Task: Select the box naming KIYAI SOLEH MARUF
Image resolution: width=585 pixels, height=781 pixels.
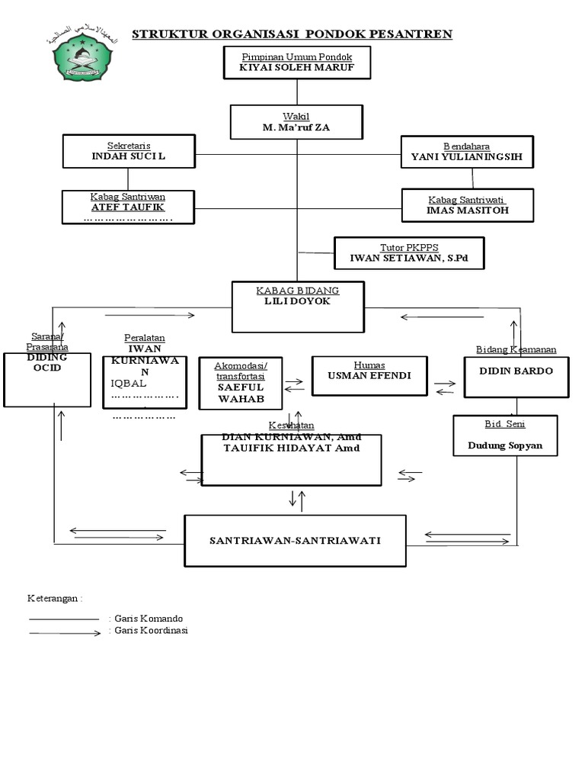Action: [x=296, y=63]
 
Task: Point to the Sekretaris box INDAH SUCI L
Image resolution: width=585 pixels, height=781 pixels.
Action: [x=129, y=151]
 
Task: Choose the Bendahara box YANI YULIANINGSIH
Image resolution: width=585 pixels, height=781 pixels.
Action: [x=467, y=152]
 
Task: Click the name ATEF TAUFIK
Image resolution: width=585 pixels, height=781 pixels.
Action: [x=128, y=207]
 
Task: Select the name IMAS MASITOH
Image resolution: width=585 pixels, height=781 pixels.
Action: [x=468, y=210]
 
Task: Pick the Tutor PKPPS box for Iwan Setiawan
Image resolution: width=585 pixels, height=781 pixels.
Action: [x=409, y=253]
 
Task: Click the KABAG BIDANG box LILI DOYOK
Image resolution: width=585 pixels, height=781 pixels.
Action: [x=298, y=307]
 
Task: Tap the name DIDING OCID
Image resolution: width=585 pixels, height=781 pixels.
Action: [x=47, y=362]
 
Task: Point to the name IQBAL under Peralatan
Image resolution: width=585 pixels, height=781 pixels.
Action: [x=127, y=383]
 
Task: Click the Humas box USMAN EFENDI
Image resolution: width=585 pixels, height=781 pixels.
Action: [x=369, y=375]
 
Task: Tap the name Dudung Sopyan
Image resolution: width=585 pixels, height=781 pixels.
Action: [x=505, y=445]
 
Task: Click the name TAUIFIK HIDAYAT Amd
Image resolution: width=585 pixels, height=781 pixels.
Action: [x=291, y=448]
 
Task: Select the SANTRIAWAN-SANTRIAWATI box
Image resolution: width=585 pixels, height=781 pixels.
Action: [x=296, y=541]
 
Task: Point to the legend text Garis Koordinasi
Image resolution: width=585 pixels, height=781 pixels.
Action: [x=151, y=631]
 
